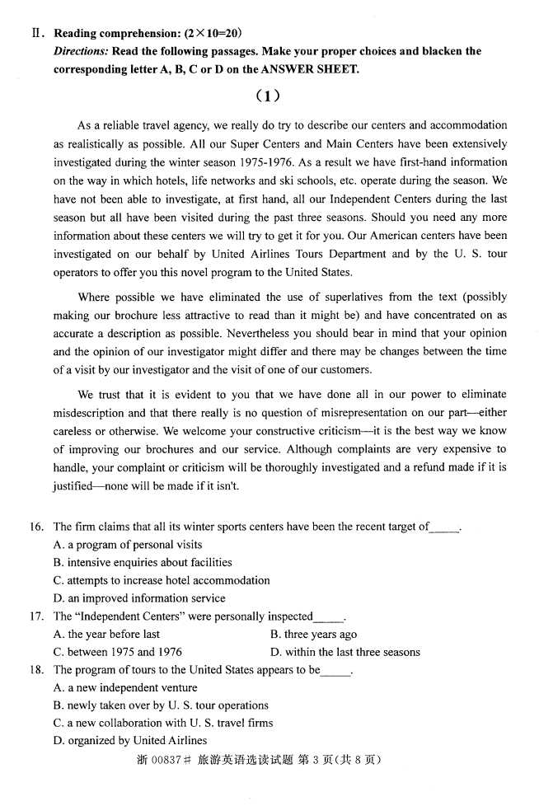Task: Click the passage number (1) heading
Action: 269,96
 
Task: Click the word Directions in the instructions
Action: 77,51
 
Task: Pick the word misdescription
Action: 95,412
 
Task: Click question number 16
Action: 37,527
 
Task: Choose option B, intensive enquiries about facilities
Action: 143,563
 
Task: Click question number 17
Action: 37,616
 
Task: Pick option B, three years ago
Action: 313,635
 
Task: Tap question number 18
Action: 37,670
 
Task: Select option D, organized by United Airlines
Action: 130,741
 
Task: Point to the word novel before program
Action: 219,272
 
